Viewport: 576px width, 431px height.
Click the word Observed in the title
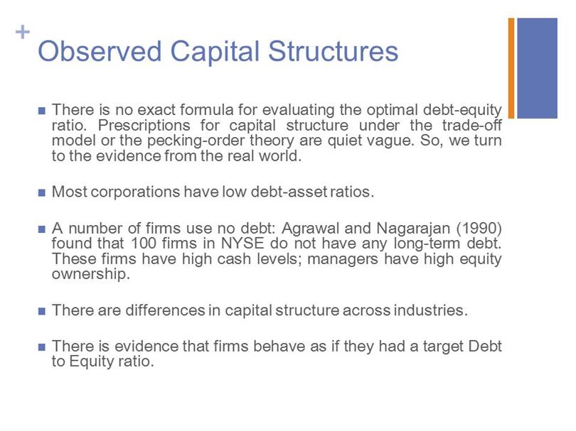pos(100,51)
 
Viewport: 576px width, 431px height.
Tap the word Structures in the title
pos(334,51)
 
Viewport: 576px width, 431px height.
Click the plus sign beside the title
pos(23,32)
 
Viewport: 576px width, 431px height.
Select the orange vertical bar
pos(511,68)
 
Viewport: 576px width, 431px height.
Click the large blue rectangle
pos(537,68)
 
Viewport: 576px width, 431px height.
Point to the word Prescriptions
pos(144,126)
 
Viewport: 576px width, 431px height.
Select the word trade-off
pos(472,125)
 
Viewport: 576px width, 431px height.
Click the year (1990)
pos(479,229)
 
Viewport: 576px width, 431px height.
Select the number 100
pos(144,244)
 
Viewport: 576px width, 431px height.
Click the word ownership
pos(91,274)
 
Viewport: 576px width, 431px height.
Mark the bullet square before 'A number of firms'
pos(41,229)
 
